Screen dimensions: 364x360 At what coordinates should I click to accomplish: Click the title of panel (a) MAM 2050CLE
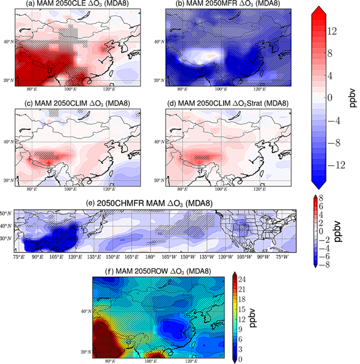coord(79,5)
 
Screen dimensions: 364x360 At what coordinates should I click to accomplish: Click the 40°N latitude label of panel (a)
coord(9,41)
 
